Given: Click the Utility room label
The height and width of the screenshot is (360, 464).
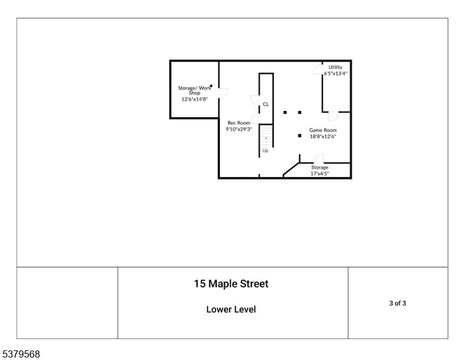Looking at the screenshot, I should [335, 67].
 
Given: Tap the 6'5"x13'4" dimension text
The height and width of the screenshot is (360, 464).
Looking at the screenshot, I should [335, 73].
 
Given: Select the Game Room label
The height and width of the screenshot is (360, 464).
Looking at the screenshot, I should [323, 130].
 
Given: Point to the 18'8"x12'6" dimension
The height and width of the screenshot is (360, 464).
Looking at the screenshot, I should [323, 136].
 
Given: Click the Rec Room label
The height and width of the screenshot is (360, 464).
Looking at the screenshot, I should [239, 123].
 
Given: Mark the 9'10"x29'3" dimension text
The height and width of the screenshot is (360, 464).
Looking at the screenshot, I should [239, 129].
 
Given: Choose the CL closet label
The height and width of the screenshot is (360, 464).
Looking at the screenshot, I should [266, 104].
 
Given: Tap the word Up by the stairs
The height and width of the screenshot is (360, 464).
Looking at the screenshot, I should [265, 151].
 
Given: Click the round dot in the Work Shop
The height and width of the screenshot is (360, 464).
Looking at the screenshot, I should [211, 86].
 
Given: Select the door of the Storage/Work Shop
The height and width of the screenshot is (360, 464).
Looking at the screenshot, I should [222, 93].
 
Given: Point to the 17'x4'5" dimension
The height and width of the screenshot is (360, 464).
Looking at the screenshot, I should [320, 173].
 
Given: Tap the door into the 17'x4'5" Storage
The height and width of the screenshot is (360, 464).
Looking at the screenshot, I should [319, 158].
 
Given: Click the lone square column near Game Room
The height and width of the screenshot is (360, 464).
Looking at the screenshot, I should [299, 136].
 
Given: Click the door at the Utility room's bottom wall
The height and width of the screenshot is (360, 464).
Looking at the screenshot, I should [333, 115].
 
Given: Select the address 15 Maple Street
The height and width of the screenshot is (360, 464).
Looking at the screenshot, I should [231, 284].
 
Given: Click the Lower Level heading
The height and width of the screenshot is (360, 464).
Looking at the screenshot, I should [231, 310].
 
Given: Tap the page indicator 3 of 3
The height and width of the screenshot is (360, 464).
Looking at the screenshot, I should [397, 303].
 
